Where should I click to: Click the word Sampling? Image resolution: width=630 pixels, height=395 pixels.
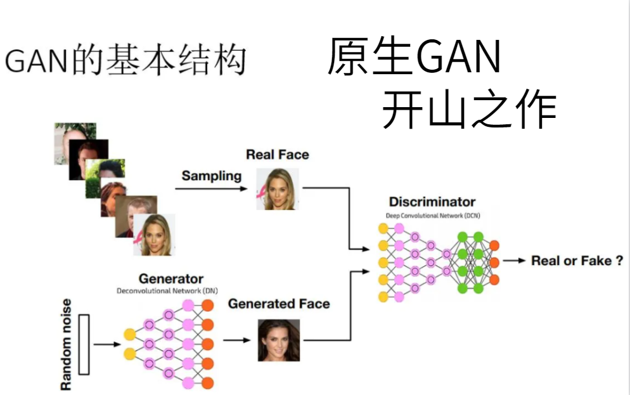pos(212,176)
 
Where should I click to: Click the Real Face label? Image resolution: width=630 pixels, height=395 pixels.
pos(278,155)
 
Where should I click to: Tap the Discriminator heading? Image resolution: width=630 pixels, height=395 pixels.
pos(432,202)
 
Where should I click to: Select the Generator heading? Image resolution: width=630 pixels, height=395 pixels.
pos(170,279)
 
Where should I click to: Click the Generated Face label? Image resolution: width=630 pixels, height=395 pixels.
pos(279,304)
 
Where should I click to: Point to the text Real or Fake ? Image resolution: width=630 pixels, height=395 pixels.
pos(577,261)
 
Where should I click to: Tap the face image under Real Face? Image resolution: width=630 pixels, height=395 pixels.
pos(277,189)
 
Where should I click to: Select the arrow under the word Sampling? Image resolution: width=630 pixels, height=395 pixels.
pos(210,188)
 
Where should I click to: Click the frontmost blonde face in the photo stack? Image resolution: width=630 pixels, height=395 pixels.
pos(154,235)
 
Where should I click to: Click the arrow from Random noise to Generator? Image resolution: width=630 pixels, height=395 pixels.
pos(106,344)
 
